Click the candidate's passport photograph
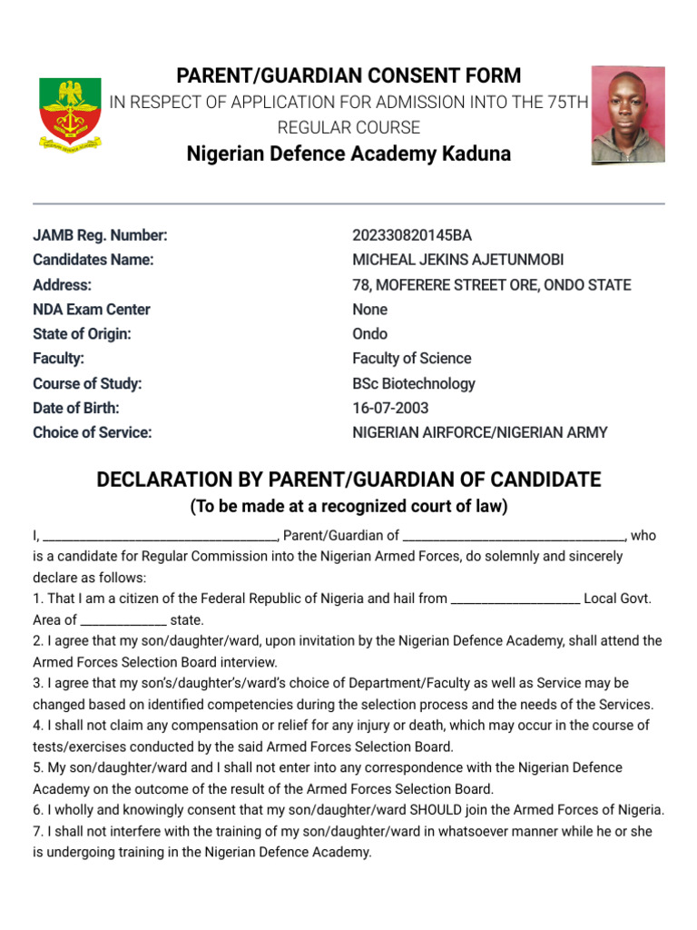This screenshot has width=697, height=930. point(628,114)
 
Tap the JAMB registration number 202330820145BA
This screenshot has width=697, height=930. point(412,235)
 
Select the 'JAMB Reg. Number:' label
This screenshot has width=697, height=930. point(100,235)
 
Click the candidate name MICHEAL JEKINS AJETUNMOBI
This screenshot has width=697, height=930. point(457,260)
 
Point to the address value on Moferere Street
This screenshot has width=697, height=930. point(491,284)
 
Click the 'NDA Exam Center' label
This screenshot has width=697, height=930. point(92,309)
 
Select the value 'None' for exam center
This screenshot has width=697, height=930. point(369,309)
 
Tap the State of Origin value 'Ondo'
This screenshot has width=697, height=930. point(369,333)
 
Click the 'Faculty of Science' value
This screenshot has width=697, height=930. point(411,358)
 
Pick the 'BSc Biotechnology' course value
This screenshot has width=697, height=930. point(413,383)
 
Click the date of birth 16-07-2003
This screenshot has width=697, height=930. point(390,408)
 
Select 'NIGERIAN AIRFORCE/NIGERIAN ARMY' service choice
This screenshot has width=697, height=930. point(480,432)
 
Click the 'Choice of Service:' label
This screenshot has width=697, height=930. point(93,432)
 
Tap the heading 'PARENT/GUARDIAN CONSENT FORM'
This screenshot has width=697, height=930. point(348,75)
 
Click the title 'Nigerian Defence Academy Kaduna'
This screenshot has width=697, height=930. point(348,153)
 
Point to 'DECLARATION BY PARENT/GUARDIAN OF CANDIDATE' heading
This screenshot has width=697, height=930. point(348,479)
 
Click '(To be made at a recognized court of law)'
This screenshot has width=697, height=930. point(348,506)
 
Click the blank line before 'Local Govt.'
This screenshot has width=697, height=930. point(515,599)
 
